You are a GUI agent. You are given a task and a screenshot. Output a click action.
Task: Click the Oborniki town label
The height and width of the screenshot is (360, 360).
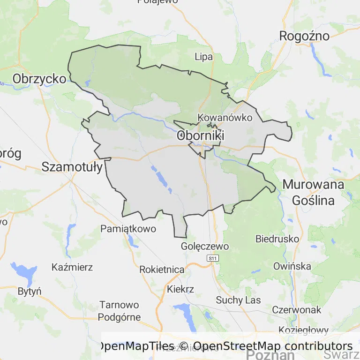point(201,136)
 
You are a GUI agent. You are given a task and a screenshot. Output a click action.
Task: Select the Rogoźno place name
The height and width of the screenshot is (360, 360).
point(304,36)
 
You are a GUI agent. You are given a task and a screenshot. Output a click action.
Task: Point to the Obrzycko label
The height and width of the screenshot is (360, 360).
point(39,78)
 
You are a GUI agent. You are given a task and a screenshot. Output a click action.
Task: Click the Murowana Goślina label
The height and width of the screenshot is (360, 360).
point(314,192)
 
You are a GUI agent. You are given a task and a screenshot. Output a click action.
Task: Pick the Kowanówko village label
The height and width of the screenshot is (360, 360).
point(225,117)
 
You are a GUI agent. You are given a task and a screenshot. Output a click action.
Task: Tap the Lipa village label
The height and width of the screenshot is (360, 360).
point(203,57)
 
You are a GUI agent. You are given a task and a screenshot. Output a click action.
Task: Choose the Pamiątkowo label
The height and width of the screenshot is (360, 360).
point(128,229)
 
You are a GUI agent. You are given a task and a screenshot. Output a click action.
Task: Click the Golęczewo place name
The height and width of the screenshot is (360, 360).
point(205,246)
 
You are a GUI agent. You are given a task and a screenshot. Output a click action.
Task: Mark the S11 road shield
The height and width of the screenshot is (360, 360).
point(213,258)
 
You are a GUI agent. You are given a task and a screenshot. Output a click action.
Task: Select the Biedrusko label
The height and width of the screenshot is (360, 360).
point(277,239)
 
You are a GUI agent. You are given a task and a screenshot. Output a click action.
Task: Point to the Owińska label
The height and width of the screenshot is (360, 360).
point(292,266)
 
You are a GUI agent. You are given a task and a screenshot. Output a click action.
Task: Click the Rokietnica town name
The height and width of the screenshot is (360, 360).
point(162,270)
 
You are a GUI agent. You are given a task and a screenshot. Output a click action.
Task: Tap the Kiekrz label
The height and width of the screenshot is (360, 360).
point(180,289)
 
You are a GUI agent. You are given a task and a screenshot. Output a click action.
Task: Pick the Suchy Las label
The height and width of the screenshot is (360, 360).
point(238,300)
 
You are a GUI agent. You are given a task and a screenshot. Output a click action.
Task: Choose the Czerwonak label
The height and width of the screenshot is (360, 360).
point(296,309)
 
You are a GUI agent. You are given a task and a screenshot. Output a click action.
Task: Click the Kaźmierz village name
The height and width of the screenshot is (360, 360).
point(72,268)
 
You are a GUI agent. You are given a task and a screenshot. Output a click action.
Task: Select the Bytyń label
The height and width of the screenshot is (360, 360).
point(30,291)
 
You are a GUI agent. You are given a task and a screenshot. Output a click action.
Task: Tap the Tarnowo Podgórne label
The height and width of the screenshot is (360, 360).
point(119,311)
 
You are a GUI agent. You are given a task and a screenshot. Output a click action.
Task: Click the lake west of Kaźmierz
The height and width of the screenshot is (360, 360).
point(23,271)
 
